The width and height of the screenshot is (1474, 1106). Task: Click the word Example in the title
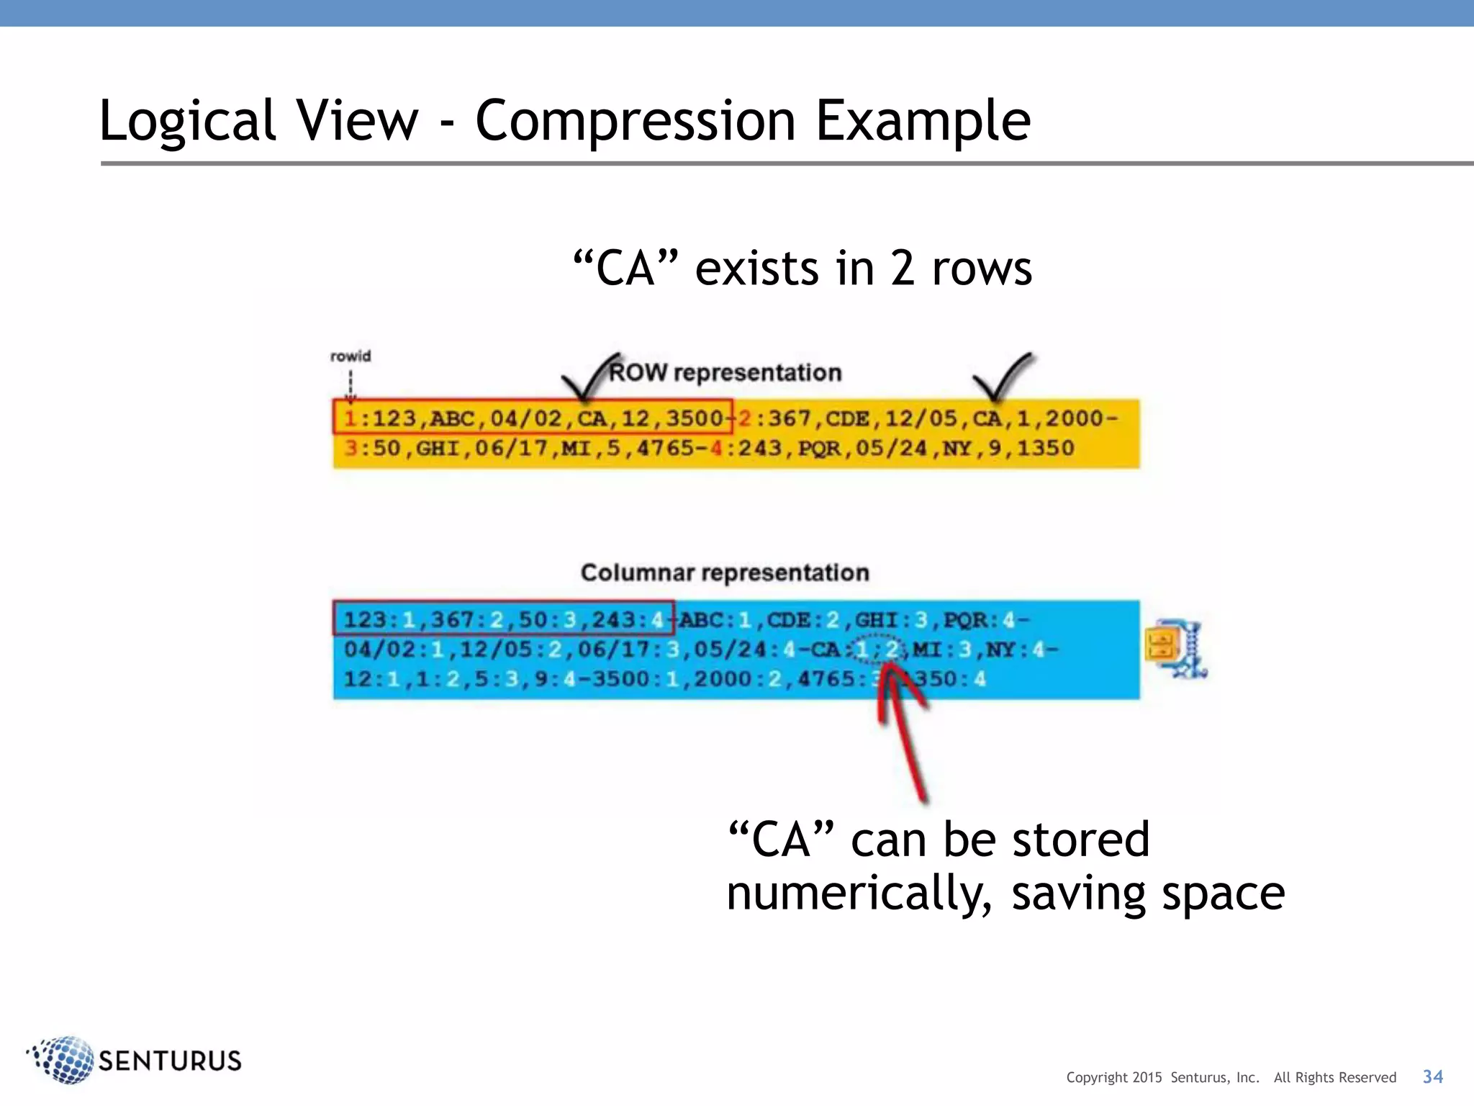pyautogui.click(x=923, y=121)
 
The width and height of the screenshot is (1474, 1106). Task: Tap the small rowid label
pyautogui.click(x=351, y=356)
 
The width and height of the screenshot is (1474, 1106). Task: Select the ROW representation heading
pyautogui.click(x=725, y=372)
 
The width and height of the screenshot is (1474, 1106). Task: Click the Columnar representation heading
pyautogui.click(x=725, y=572)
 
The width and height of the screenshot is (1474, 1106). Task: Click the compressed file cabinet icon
pyautogui.click(x=1176, y=648)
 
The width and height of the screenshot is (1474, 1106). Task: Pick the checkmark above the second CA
pyautogui.click(x=1001, y=376)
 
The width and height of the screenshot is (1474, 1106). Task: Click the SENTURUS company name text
pyautogui.click(x=170, y=1061)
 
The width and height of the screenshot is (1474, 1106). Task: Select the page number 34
pyautogui.click(x=1432, y=1076)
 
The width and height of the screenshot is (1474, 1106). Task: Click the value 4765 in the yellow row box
pyautogui.click(x=666, y=448)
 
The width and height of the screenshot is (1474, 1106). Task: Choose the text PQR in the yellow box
pyautogui.click(x=819, y=448)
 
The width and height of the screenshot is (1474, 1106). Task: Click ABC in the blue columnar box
pyautogui.click(x=701, y=620)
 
